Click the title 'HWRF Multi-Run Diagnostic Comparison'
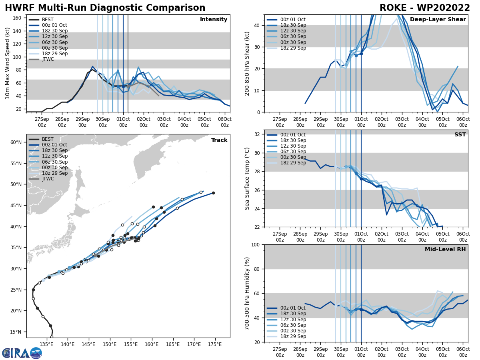click(x=105, y=8)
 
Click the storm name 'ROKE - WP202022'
click(x=424, y=8)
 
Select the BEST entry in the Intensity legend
click(x=47, y=20)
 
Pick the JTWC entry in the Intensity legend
click(x=48, y=59)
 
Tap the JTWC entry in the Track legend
click(x=48, y=179)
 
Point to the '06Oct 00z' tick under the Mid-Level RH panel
click(x=463, y=352)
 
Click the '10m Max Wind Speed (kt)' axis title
click(x=7, y=63)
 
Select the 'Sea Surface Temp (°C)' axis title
click(x=247, y=178)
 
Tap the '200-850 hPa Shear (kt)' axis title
click(x=247, y=63)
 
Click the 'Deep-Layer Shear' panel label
click(x=443, y=20)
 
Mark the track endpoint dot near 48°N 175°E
click(x=213, y=193)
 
